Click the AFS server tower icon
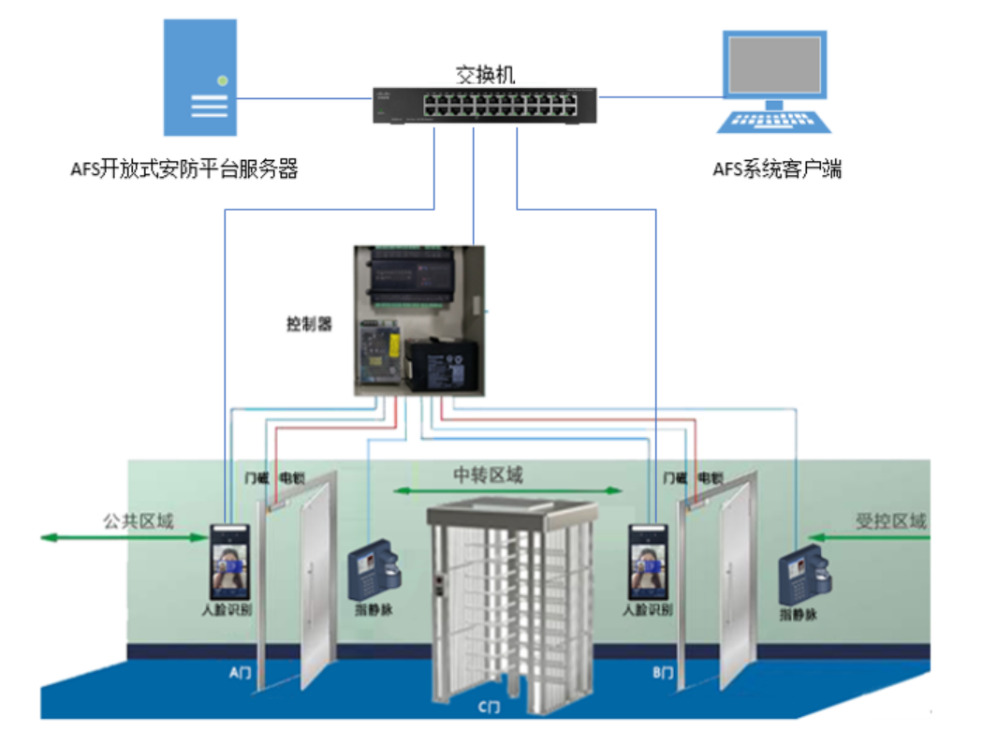[198, 79]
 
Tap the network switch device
[483, 106]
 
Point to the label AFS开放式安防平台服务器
[183, 169]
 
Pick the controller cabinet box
[419, 319]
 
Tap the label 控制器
[309, 325]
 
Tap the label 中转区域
[488, 475]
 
